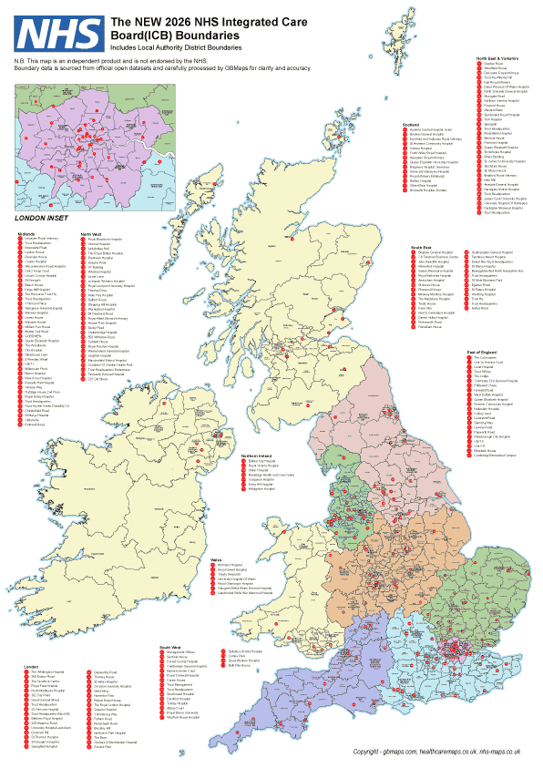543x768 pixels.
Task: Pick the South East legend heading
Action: coord(421,247)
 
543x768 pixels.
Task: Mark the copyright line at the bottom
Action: coord(436,753)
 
